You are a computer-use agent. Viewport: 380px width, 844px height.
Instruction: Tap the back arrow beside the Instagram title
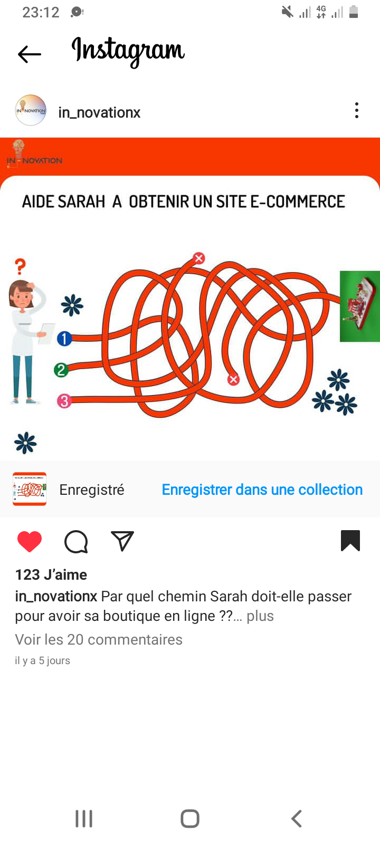coord(30,54)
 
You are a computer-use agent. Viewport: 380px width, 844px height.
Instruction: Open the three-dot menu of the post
coord(357,110)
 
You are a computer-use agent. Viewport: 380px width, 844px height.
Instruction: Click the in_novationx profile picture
coord(31,110)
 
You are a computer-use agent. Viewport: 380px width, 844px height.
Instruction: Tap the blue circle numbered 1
coord(64,338)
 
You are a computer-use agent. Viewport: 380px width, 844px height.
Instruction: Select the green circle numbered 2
coord(61,370)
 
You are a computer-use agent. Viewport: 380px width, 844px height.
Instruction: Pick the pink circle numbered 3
coord(64,401)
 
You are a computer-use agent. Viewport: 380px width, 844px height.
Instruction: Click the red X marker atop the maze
coord(198,258)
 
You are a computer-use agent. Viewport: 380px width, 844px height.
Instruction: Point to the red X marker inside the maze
coord(233,379)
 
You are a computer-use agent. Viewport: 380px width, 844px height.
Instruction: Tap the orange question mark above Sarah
coord(21,266)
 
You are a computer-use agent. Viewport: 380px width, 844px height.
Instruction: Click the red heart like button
coord(30,541)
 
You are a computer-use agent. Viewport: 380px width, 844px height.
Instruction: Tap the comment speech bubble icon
coord(76,541)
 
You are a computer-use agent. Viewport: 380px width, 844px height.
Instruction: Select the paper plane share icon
coord(122,541)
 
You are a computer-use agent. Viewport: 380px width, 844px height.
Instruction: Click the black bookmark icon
coord(350,540)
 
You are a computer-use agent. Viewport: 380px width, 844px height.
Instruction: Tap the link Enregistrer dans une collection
coord(262,490)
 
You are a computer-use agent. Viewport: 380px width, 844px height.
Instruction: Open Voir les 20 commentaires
coord(99,639)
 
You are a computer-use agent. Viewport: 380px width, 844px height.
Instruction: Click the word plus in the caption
coord(260,616)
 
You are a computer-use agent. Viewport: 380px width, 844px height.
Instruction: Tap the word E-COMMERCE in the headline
coord(298,201)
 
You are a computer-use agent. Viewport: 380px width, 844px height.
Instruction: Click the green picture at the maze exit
coord(359,306)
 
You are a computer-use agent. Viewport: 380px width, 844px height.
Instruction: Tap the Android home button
coord(190,818)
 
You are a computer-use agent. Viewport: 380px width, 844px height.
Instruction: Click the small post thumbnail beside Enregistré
coord(30,488)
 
